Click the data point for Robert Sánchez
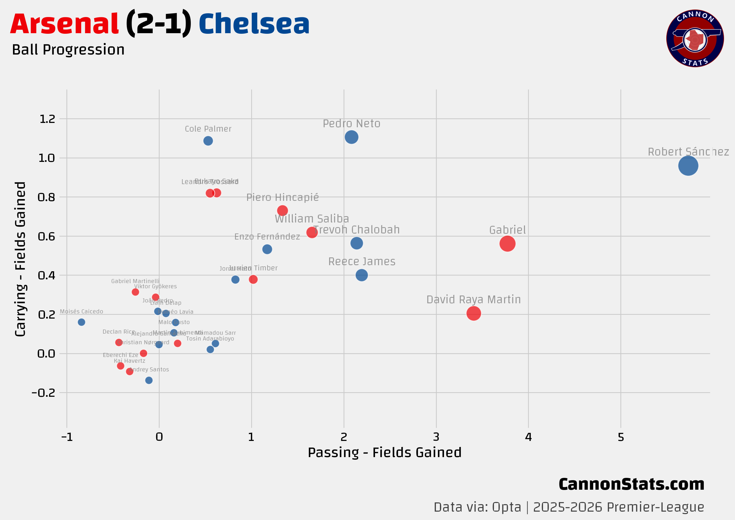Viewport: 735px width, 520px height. click(688, 166)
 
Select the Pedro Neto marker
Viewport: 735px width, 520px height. click(351, 137)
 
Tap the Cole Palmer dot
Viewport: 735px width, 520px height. click(208, 141)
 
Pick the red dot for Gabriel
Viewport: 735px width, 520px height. click(507, 244)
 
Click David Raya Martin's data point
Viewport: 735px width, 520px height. click(473, 313)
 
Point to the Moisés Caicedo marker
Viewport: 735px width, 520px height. click(81, 322)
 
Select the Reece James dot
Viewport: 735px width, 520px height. click(361, 275)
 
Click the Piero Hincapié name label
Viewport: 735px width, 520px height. click(282, 197)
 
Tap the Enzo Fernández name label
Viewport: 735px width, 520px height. click(267, 237)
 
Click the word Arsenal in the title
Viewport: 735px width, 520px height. click(64, 24)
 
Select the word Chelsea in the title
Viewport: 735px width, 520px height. click(254, 24)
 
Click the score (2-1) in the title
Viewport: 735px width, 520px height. click(158, 24)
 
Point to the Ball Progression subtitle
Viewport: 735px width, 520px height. click(68, 50)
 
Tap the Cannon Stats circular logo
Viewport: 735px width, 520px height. click(695, 38)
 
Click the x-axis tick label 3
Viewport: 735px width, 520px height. click(436, 437)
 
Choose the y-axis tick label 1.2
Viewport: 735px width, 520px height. click(47, 119)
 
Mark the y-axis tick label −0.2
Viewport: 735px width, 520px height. click(44, 392)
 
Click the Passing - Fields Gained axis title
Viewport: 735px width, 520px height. click(384, 453)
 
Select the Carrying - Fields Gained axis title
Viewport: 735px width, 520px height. click(20, 259)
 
